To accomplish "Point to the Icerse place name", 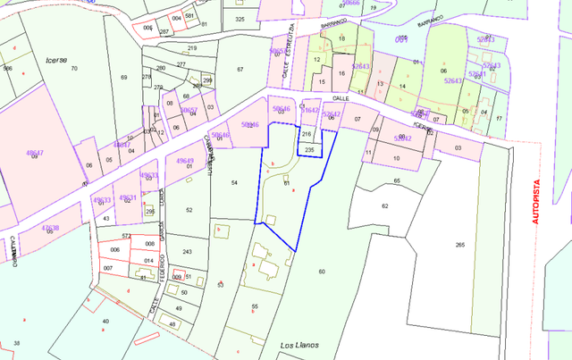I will point(56,59).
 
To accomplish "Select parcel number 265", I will point(460,245).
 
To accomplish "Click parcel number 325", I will point(239,19).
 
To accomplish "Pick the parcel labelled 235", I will point(308,150).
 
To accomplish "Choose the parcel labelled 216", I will point(307,134).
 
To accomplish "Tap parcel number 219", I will point(192,48).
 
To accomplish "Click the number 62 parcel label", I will point(385,205).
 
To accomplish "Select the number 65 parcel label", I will point(396,181).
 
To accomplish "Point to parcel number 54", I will point(234,182).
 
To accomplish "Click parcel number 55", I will point(255,306).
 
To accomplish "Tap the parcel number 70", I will point(73,69).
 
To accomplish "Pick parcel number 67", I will point(240,69).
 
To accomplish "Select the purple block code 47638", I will point(50,228).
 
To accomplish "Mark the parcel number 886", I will point(7,69).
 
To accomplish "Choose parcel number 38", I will point(16,342).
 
